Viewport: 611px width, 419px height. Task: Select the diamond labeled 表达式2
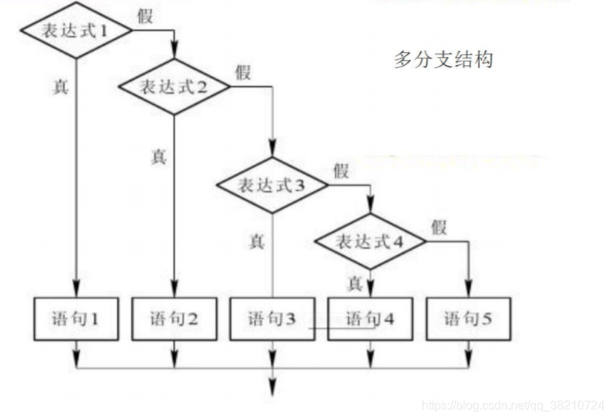173,86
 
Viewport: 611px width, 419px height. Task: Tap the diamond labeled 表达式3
272,185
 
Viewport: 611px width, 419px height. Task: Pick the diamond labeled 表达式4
370,242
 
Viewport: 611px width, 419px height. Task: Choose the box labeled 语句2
173,319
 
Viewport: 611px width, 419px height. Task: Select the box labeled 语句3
272,319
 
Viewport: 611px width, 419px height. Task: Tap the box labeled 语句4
370,319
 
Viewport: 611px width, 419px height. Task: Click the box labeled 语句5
468,319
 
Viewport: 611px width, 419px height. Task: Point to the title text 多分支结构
443,60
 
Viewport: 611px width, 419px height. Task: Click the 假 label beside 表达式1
145,16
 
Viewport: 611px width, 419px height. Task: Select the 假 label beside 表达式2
243,72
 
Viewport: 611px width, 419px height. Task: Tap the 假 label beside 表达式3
341,171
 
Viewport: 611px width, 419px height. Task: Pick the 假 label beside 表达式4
439,227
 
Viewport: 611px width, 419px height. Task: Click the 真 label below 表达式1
59,86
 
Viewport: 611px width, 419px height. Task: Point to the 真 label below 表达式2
158,156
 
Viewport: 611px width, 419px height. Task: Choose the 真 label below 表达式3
256,241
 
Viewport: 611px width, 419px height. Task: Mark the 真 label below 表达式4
355,283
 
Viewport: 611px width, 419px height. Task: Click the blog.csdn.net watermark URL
513,405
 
